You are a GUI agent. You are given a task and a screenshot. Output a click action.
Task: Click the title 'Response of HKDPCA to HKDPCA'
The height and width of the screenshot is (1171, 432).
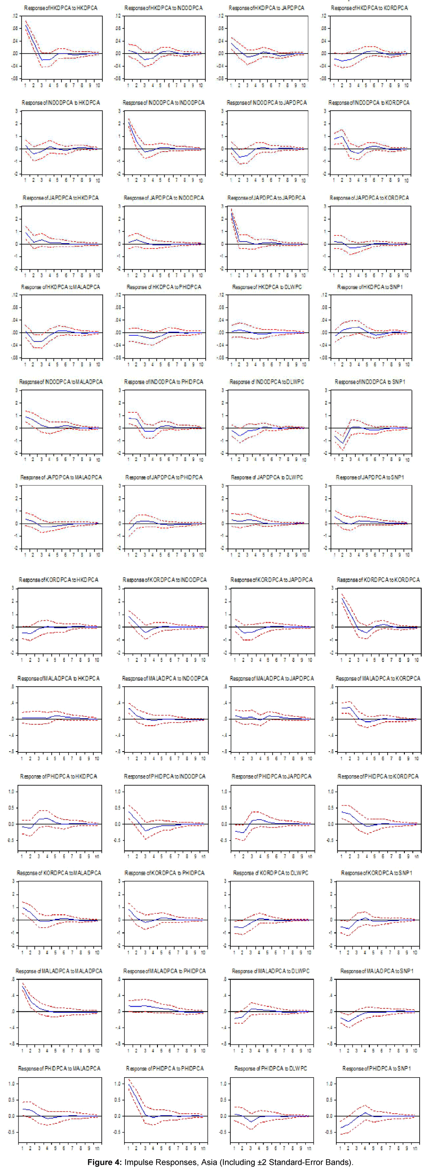coord(61,8)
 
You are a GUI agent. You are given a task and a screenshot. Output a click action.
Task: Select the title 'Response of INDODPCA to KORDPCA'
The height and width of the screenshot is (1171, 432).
coord(369,103)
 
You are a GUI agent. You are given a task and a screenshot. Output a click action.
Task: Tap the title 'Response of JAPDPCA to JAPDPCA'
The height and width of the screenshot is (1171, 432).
coord(267,198)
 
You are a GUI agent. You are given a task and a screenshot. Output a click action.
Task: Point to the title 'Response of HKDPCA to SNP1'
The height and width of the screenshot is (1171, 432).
coord(370,287)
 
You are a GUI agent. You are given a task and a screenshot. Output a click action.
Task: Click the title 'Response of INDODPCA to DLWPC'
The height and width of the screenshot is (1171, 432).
coord(267,382)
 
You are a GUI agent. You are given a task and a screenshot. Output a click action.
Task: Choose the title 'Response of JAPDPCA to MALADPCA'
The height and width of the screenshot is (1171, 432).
coord(61,477)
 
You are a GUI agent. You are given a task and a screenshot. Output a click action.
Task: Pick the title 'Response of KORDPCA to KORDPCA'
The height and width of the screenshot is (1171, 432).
coord(378,580)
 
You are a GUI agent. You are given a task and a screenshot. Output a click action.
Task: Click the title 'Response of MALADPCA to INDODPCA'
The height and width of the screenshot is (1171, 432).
coord(164,678)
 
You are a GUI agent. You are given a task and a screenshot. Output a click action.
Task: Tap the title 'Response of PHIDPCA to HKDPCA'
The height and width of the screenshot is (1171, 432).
coord(59,776)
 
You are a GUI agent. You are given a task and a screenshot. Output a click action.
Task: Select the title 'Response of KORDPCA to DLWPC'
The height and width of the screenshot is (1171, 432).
coord(271,873)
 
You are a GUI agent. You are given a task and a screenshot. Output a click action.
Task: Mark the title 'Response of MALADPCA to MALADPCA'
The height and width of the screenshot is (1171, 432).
coord(59,971)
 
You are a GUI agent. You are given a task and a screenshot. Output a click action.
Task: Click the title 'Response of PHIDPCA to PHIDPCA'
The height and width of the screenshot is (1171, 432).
coord(164,1068)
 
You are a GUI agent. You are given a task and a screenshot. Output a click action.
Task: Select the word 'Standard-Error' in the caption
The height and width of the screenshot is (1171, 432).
coord(294,1162)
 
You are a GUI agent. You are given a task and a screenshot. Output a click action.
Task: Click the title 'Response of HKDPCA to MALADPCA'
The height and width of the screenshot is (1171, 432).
coord(61,287)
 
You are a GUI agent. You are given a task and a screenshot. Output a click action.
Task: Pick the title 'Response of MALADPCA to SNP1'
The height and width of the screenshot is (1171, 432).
coord(377,971)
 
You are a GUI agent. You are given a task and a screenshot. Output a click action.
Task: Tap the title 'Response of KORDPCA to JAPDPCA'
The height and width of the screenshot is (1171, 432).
coord(271,580)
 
